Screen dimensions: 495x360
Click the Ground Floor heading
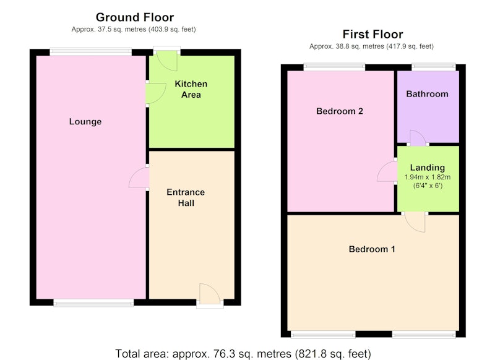point(135,17)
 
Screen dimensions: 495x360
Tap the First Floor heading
point(373,34)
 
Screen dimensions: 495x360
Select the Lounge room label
point(85,121)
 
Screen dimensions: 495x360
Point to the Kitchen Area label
point(191,89)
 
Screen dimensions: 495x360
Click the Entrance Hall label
point(186,197)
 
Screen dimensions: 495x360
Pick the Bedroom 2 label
point(340,111)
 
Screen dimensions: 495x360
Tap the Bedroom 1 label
point(372,249)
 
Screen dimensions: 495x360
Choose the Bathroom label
point(427,94)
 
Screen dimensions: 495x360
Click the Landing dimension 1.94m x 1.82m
point(428,177)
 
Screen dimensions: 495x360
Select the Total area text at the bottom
point(243,354)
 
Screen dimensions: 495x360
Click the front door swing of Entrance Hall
point(210,293)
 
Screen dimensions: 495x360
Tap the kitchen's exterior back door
point(166,61)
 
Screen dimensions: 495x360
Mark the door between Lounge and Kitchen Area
point(156,93)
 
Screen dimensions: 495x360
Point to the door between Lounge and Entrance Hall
point(139,178)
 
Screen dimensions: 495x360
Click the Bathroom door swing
point(418,137)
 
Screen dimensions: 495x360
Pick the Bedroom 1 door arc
point(415,223)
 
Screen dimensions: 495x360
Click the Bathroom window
point(434,67)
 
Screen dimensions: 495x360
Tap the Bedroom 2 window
point(334,67)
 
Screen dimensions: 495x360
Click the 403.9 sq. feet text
point(171,29)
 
